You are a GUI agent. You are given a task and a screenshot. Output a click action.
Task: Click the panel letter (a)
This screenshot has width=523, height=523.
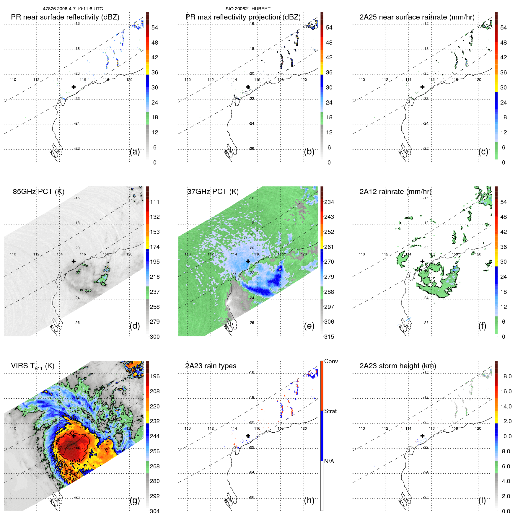pyautogui.click(x=134, y=152)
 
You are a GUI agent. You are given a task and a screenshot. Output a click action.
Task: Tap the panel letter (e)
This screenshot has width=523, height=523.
pyautogui.click(x=309, y=326)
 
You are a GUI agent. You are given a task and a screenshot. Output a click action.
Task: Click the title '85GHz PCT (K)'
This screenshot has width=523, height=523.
pyautogui.click(x=38, y=191)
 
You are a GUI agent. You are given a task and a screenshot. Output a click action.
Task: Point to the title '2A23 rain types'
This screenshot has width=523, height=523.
pyautogui.click(x=211, y=366)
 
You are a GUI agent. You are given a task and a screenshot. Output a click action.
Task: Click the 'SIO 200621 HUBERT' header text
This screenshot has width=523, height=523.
pyautogui.click(x=248, y=9)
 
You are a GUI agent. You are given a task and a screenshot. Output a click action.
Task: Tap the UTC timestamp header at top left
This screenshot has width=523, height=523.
pyautogui.click(x=73, y=9)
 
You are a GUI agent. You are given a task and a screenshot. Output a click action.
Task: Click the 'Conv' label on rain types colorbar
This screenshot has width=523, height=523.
pyautogui.click(x=331, y=361)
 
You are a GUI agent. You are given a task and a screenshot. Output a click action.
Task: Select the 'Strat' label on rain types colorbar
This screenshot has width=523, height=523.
pyautogui.click(x=330, y=411)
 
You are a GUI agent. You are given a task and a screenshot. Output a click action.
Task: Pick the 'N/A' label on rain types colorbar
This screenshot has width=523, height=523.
pyautogui.click(x=329, y=461)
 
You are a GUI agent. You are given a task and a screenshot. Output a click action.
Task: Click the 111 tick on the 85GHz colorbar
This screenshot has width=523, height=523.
pyautogui.click(x=154, y=202)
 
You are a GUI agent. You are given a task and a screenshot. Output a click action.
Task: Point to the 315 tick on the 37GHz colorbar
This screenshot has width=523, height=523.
pyautogui.click(x=329, y=337)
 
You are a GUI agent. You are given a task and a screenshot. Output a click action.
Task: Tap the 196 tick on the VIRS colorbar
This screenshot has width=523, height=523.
pyautogui.click(x=154, y=376)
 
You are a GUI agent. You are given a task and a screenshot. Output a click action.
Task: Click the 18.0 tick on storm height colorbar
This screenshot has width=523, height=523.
pyautogui.click(x=506, y=376)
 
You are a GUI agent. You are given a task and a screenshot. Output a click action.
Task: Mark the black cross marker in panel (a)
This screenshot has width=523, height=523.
pyautogui.click(x=74, y=87)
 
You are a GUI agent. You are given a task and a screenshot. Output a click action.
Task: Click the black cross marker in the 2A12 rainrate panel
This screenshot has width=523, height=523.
pyautogui.click(x=422, y=261)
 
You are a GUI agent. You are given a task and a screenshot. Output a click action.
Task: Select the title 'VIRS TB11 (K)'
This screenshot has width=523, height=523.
pyautogui.click(x=32, y=366)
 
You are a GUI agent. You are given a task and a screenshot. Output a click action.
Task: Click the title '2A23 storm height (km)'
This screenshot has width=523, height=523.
pyautogui.click(x=397, y=366)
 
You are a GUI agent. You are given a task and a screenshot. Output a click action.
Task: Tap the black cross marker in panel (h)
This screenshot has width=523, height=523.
pyautogui.click(x=248, y=436)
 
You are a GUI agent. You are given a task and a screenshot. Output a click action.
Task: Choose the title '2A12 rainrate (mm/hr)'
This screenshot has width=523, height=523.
pyautogui.click(x=395, y=191)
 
